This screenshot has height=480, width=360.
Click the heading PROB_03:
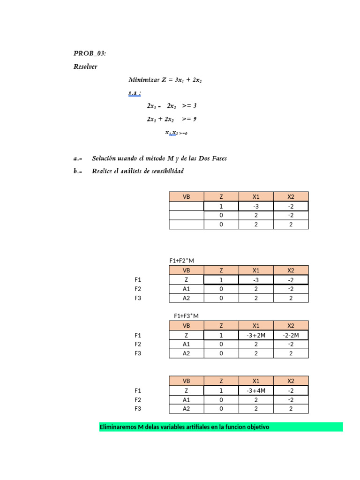pyautogui.click(x=90, y=53)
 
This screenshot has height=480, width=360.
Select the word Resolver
pyautogui.click(x=85, y=67)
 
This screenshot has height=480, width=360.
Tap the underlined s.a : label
pyautogui.click(x=135, y=93)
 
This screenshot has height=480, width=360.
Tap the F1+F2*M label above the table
pyautogui.click(x=181, y=260)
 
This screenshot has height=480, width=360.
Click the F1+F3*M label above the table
pyautogui.click(x=186, y=316)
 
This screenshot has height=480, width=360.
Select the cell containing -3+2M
pyautogui.click(x=255, y=335)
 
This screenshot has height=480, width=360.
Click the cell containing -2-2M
pyautogui.click(x=291, y=335)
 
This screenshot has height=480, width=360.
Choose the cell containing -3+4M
pyautogui.click(x=255, y=390)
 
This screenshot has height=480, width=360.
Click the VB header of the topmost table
pyautogui.click(x=186, y=197)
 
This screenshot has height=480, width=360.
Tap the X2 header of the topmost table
pyautogui.click(x=291, y=197)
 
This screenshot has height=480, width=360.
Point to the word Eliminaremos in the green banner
pyautogui.click(x=117, y=427)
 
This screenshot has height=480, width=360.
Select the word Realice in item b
pyautogui.click(x=104, y=171)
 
